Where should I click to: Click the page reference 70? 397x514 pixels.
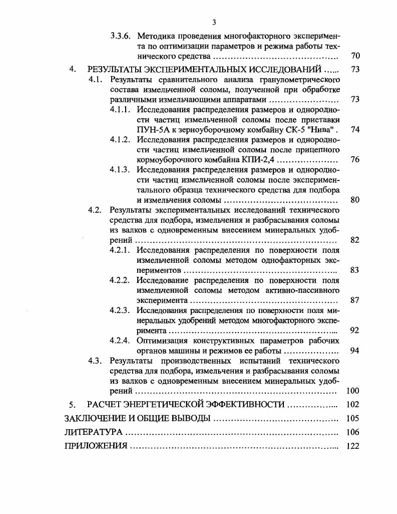pos(355,56)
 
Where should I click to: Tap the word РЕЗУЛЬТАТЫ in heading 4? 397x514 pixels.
pos(118,70)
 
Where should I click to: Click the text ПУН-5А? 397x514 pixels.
pos(151,129)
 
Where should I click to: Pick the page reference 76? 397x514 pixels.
pos(355,160)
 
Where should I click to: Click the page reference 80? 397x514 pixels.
pos(355,200)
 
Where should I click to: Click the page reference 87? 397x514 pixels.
pos(355,300)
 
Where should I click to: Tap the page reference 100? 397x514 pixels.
pos(353,391)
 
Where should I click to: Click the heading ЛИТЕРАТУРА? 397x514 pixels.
pos(94,432)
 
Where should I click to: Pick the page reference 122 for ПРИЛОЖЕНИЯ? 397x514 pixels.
pos(353,446)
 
